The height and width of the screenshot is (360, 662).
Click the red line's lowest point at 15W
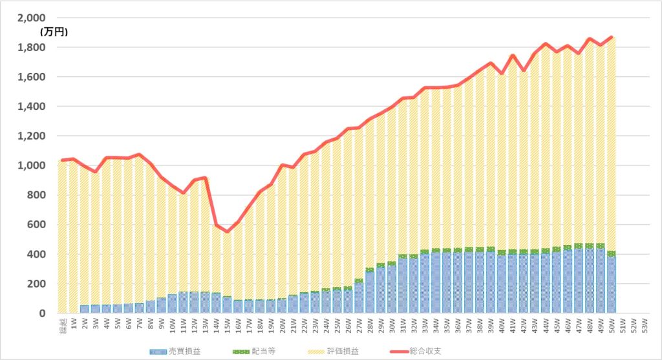coord(228,231)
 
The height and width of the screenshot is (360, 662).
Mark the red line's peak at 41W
coord(512,56)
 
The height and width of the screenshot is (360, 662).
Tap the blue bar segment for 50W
coord(611,284)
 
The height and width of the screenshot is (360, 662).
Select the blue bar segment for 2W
coord(85,309)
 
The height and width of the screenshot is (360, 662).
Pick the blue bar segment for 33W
coord(425,284)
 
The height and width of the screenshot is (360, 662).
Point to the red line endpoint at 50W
coord(611,37)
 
